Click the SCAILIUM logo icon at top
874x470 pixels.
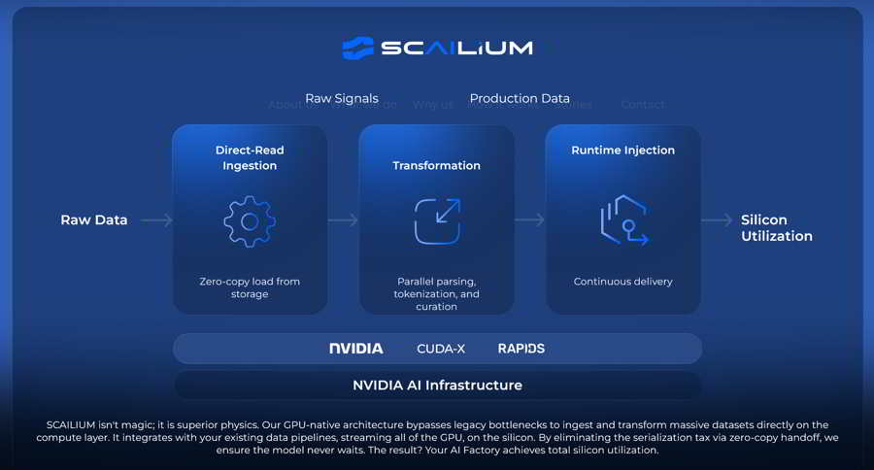pyautogui.click(x=357, y=48)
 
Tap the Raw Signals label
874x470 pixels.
pyautogui.click(x=342, y=98)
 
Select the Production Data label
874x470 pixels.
pyautogui.click(x=520, y=98)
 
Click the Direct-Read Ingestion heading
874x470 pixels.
pyautogui.click(x=250, y=157)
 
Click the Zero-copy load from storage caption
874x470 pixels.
pyautogui.click(x=250, y=287)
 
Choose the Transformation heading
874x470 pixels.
pyautogui.click(x=436, y=165)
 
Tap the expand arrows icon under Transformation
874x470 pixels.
pyautogui.click(x=437, y=221)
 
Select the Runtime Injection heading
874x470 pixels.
pyautogui.click(x=622, y=151)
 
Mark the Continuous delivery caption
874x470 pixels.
pyautogui.click(x=622, y=282)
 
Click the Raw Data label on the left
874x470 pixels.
pyautogui.click(x=94, y=219)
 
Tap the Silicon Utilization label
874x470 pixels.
pyautogui.click(x=776, y=228)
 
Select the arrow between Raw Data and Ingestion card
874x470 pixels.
pyautogui.click(x=156, y=220)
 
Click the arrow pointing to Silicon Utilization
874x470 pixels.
pyautogui.click(x=717, y=220)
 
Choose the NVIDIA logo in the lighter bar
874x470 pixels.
pyautogui.click(x=355, y=348)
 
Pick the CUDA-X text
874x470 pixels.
pyautogui.click(x=441, y=348)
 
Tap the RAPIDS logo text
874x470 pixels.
pyautogui.click(x=521, y=348)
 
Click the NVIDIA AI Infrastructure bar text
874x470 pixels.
pyautogui.click(x=437, y=385)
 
